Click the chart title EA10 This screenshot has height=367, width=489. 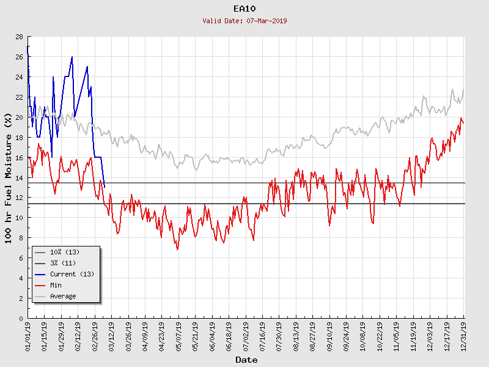pos(244,9)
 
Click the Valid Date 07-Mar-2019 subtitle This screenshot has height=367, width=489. pos(244,21)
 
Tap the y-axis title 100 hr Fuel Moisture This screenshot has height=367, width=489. pos(9,177)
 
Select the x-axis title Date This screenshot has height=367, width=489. pos(246,360)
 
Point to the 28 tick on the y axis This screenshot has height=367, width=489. pos(19,37)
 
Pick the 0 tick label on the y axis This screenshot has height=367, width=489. pos(21,318)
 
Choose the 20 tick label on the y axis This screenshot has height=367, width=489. pos(19,117)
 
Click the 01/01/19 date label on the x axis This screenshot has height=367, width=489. pos(28,335)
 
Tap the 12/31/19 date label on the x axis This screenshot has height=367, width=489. pos(464,335)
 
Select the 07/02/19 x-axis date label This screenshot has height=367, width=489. pos(246,335)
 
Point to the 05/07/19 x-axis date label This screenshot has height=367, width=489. pos(178,335)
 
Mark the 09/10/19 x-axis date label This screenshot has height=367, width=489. pos(329,335)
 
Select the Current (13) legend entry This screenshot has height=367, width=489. pos(72,274)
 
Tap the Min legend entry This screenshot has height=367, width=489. pos(56,285)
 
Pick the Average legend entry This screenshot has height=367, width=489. pos(63,296)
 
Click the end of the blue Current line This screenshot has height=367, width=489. pos(105,187)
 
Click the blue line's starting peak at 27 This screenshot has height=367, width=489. pos(28,46)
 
